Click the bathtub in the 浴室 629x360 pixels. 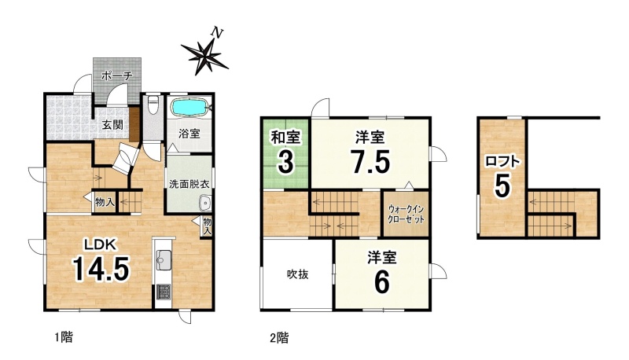pos(189,108)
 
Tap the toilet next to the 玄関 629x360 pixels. pos(153,105)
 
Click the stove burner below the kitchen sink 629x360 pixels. pos(163,292)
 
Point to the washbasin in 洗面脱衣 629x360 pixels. pos(205,204)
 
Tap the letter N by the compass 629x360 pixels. pos(217,32)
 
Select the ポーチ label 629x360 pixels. pos(116,75)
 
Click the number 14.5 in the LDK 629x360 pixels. pos(101,269)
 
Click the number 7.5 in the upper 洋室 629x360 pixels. pos(370,161)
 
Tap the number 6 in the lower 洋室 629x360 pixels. pos(382,282)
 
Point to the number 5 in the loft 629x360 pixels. pos(502,186)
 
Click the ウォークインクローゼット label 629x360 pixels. pos(406,215)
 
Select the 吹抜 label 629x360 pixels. pos(298,274)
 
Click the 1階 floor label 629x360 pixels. pos(64,337)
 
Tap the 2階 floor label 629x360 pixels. pos(279,338)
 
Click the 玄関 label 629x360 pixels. pos(112,125)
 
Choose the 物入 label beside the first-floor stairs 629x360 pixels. pos(105,203)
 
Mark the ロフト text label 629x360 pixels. pos(502,161)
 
